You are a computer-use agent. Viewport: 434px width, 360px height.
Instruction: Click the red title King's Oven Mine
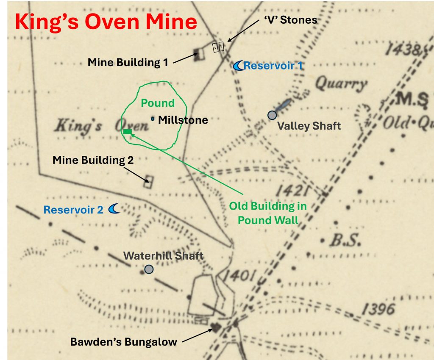[106, 22]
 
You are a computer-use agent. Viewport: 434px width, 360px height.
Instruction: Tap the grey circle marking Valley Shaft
[272, 115]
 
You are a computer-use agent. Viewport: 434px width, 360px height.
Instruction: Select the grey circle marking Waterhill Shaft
[149, 269]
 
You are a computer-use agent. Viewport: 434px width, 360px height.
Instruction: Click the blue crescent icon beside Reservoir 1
[239, 65]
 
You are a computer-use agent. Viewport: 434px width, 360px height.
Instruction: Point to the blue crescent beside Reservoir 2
[114, 208]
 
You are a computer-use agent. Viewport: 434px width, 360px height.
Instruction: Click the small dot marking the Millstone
[153, 119]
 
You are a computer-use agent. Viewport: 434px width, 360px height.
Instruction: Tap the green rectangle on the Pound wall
[127, 132]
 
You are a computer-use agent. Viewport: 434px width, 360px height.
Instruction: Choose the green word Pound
[158, 103]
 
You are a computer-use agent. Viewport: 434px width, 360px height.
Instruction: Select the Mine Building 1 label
[128, 63]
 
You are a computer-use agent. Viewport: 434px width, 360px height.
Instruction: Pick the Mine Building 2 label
[93, 160]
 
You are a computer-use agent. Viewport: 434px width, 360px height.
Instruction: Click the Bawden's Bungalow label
[123, 342]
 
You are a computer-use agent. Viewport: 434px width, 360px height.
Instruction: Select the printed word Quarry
[341, 84]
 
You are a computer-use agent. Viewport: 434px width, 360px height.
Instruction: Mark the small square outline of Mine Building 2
[148, 182]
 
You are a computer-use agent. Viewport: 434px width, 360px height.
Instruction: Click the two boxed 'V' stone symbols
[218, 47]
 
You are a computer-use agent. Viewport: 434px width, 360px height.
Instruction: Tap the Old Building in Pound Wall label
[267, 213]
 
